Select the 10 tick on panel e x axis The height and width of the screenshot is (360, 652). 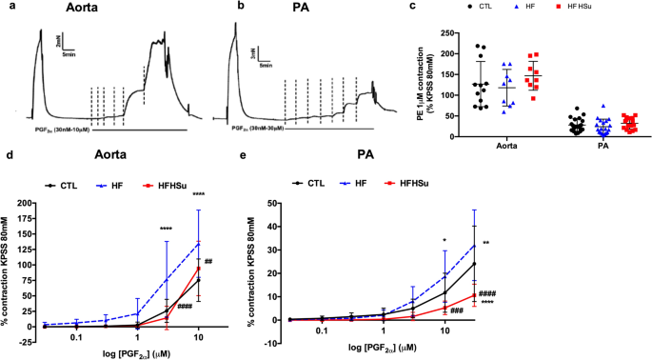[444, 330]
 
